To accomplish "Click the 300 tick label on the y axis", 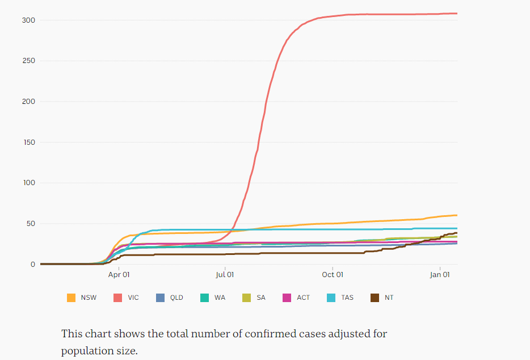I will click(x=29, y=20).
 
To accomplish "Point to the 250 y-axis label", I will click(x=29, y=61).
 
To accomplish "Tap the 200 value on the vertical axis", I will click(x=29, y=102).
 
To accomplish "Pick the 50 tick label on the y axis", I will click(x=31, y=224).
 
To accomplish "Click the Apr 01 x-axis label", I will click(x=119, y=275).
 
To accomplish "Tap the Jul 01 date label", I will click(x=225, y=275).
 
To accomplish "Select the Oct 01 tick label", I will click(x=333, y=275).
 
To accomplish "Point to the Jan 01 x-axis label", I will click(x=440, y=275).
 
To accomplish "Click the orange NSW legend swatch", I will click(x=71, y=298).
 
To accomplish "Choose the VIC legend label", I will click(x=133, y=298).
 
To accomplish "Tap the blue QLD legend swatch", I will click(x=160, y=298).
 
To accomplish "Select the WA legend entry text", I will click(x=220, y=298).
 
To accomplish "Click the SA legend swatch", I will click(x=246, y=298).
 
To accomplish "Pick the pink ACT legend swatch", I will click(x=287, y=298).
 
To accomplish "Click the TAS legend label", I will click(x=347, y=298).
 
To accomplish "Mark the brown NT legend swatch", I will click(x=375, y=298).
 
